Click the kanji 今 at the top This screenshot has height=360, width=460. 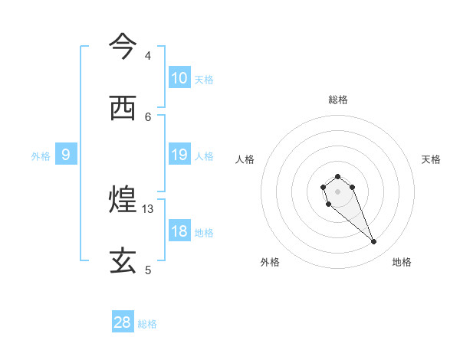click(123, 47)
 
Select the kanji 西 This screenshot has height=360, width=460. click(123, 108)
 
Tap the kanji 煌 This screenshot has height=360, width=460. click(123, 201)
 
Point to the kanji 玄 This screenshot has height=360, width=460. click(123, 261)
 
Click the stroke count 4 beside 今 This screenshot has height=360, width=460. click(148, 56)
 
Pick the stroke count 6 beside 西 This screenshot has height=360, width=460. click(148, 116)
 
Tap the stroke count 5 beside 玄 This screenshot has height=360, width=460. click(148, 270)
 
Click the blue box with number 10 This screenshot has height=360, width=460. click(179, 78)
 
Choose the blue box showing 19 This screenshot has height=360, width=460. click(179, 155)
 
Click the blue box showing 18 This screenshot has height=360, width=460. click(179, 232)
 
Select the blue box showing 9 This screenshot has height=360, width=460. click(66, 155)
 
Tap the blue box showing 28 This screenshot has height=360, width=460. click(123, 322)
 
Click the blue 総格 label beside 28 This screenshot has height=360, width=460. click(147, 324)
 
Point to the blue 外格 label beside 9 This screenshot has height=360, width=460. click(41, 156)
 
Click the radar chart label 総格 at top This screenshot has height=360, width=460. click(337, 100)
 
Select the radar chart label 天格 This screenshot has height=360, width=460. click(431, 159)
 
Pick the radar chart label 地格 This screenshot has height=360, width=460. click(402, 262)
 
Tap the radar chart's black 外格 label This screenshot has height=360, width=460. click(270, 262)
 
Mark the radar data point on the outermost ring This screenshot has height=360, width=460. click(374, 242)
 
